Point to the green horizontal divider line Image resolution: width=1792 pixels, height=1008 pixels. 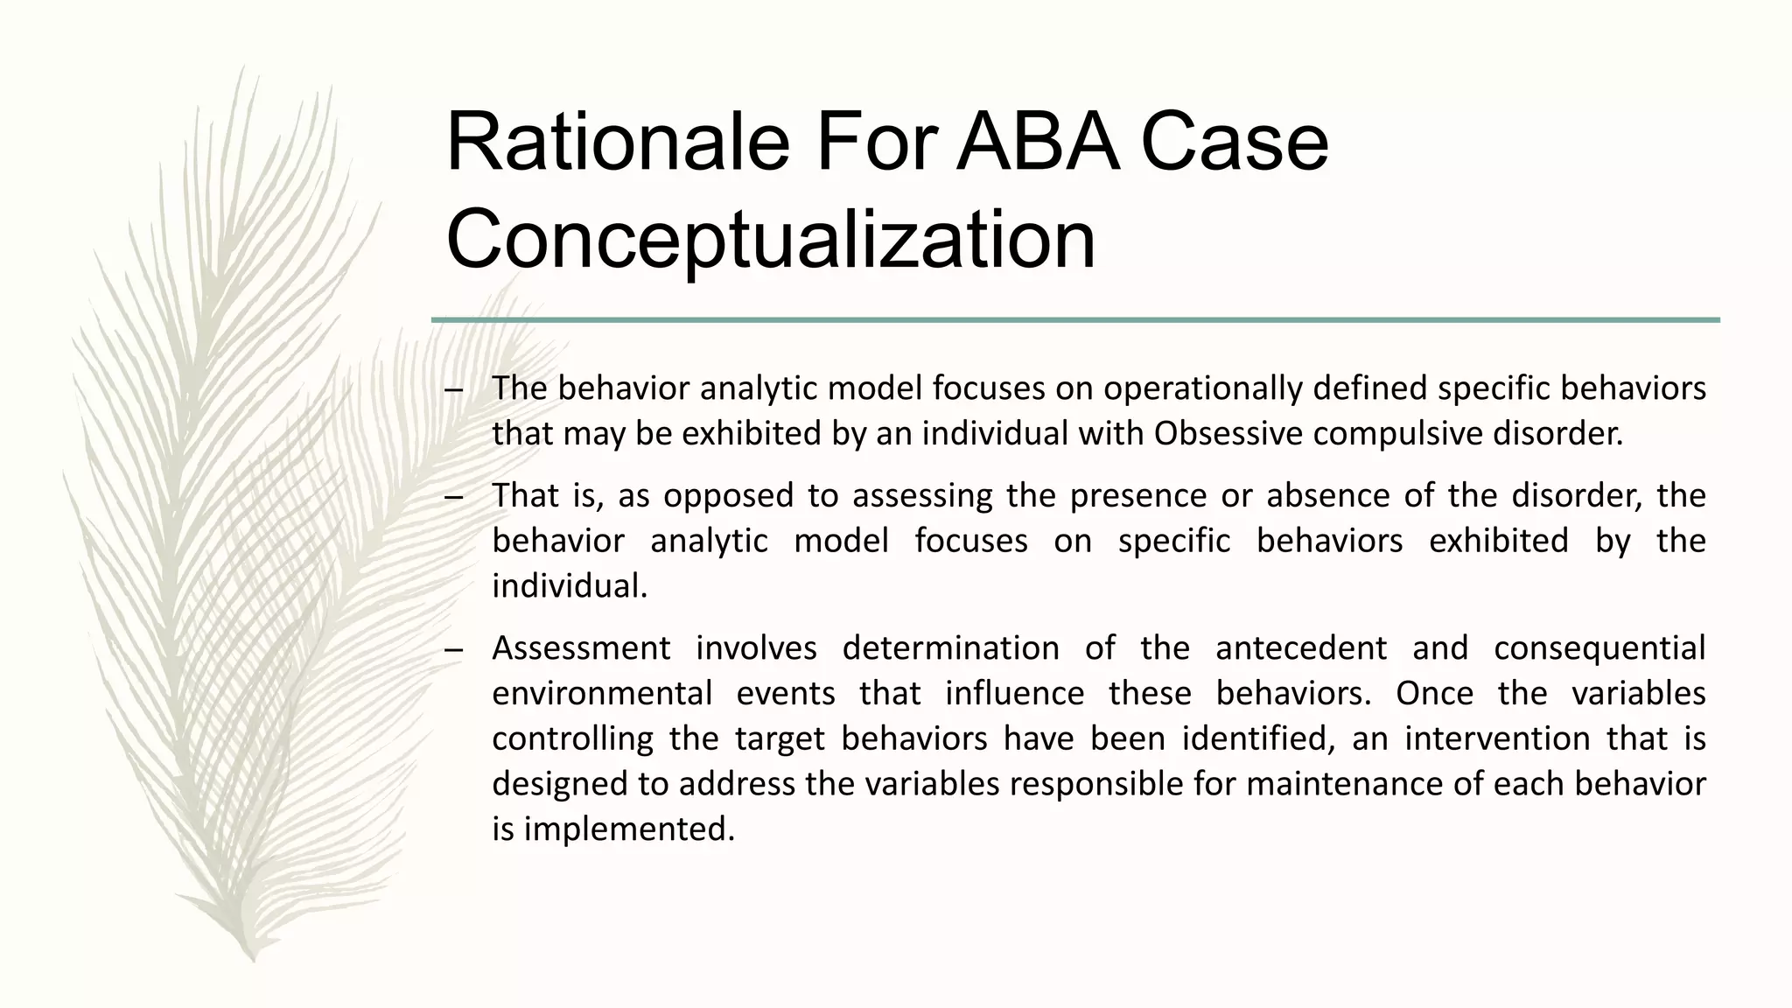(1074, 320)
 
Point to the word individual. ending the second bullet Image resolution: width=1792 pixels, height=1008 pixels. (570, 586)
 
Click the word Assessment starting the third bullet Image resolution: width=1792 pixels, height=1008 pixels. (581, 648)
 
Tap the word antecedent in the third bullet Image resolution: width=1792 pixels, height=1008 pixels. (1300, 648)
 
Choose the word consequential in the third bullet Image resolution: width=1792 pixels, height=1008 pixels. (1599, 648)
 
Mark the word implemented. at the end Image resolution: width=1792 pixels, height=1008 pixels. (628, 829)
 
